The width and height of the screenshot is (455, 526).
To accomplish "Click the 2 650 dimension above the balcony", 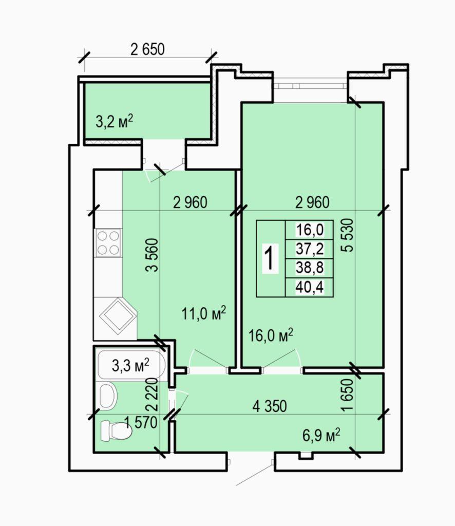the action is (147, 49).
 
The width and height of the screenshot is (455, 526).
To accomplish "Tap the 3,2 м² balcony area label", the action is (115, 121).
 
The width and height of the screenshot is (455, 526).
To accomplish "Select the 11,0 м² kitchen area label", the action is (203, 314).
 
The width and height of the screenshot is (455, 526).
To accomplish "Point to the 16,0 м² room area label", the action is (271, 335).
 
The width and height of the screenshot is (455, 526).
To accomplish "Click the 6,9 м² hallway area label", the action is (321, 436).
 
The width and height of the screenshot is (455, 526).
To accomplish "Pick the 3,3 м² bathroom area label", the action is (130, 365).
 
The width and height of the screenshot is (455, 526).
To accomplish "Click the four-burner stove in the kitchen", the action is (108, 243).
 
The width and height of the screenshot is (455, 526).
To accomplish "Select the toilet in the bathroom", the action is (116, 430).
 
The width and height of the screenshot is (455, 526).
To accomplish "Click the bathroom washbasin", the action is (108, 397).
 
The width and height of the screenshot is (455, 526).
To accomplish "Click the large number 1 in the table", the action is (271, 258).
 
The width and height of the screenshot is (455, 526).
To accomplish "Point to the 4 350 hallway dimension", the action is (270, 406).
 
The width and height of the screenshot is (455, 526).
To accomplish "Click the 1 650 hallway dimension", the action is (347, 395).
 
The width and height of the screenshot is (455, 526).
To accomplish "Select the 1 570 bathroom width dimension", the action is (141, 422).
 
